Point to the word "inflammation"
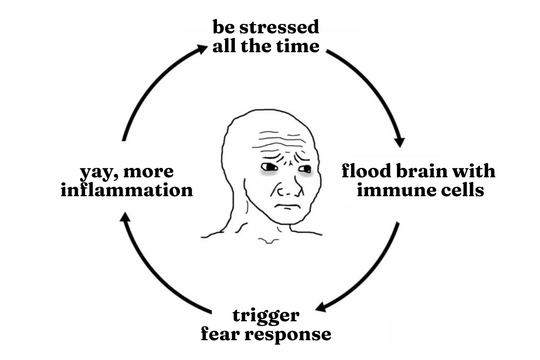tap(127, 190)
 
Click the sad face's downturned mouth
tap(286, 207)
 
